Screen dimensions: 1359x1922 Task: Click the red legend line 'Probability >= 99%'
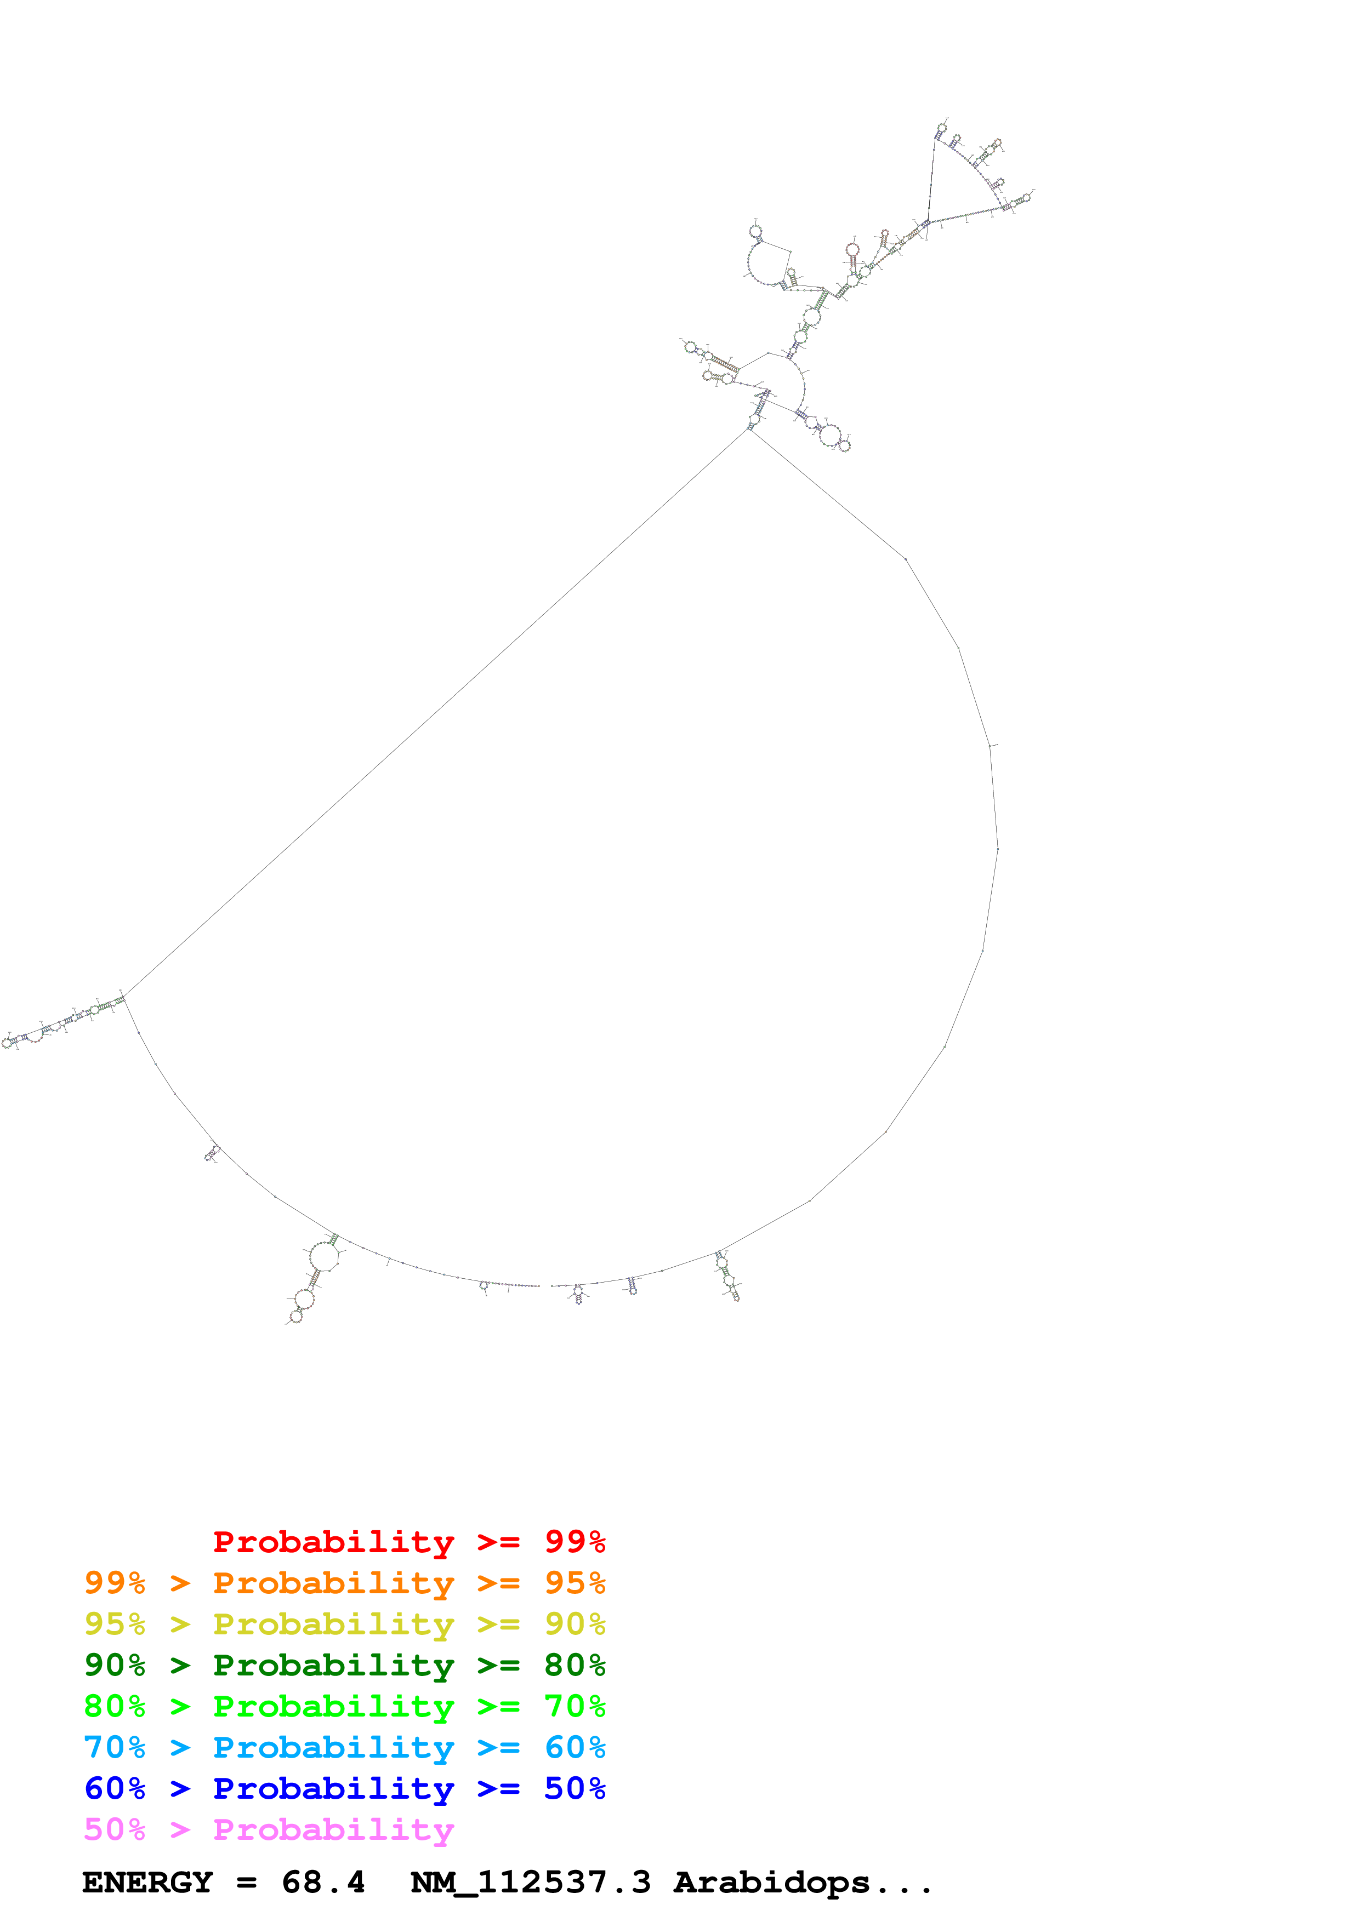tap(408, 1542)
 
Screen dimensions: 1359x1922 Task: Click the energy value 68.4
tap(323, 1883)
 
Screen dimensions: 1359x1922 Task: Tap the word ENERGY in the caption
tap(147, 1883)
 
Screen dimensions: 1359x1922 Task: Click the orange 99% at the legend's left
tap(115, 1583)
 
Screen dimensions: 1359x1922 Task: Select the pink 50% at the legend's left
tap(115, 1829)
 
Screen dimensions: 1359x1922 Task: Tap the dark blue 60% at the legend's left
tap(115, 1788)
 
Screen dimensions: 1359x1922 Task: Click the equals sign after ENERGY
tap(246, 1883)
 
